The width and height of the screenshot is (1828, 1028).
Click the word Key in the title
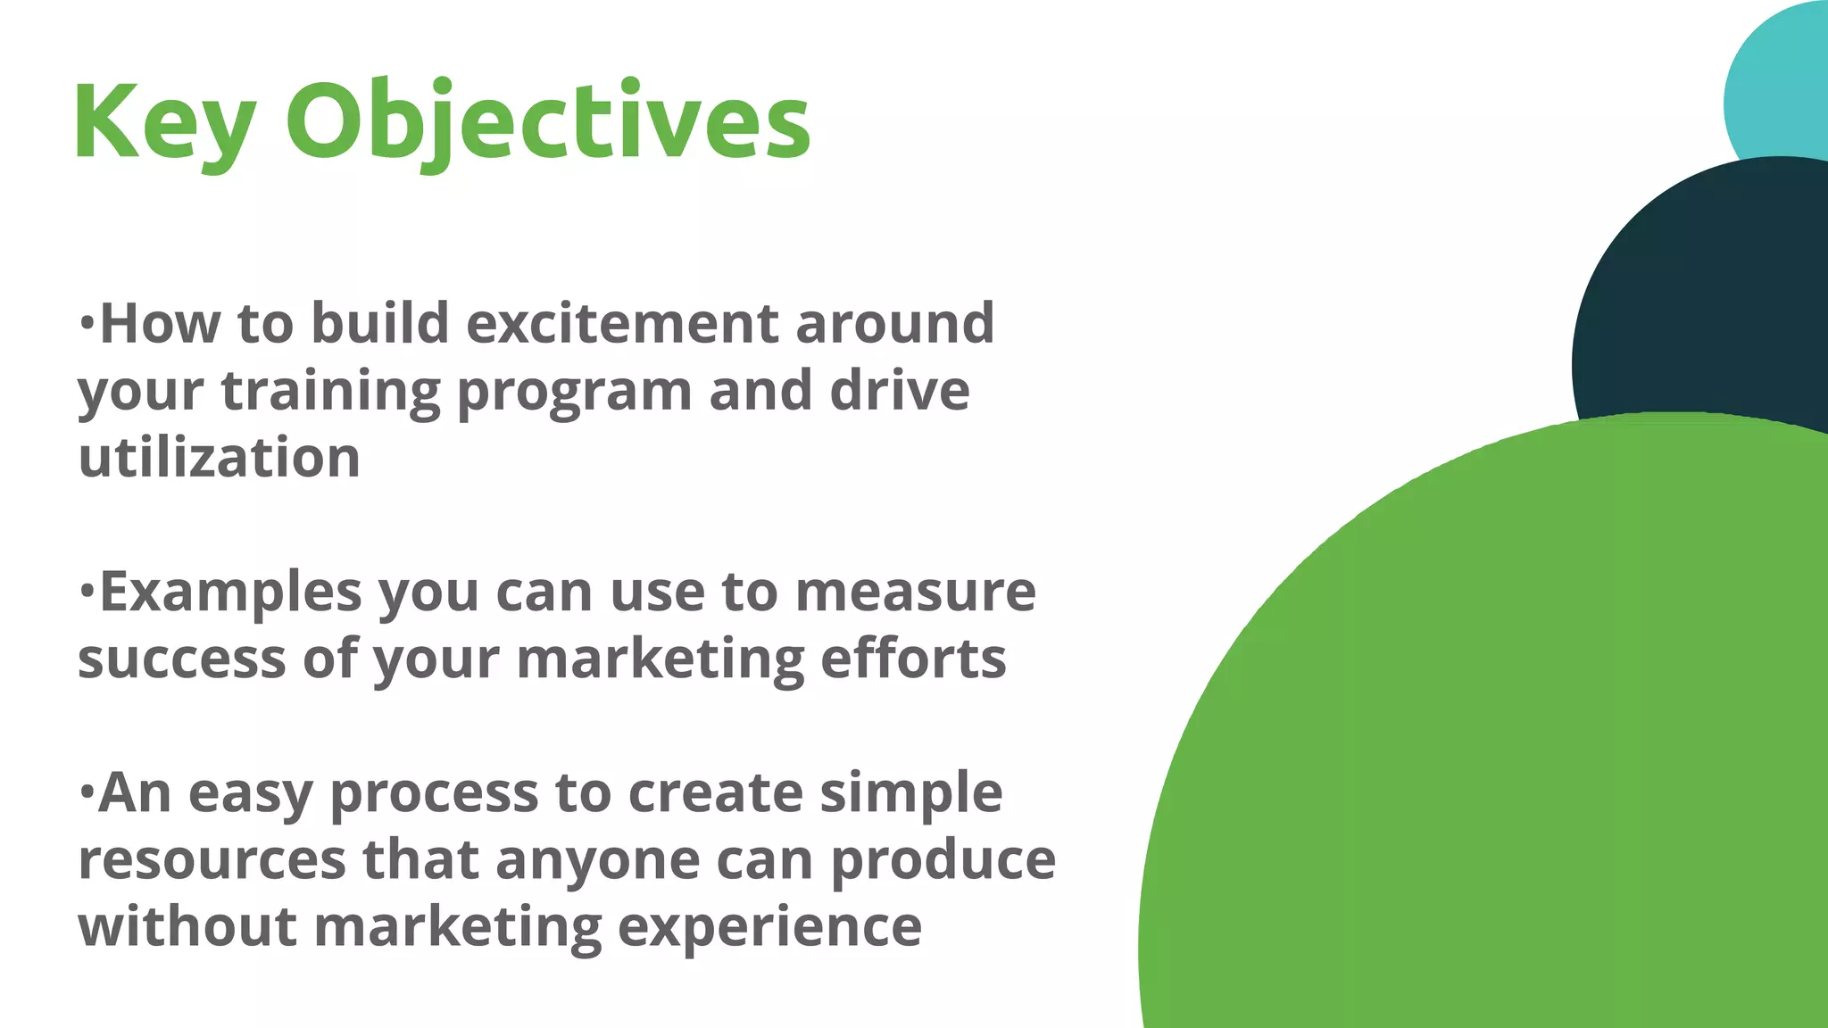tap(164, 122)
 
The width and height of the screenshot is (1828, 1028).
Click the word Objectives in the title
tap(547, 122)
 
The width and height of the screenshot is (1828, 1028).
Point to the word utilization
tap(220, 458)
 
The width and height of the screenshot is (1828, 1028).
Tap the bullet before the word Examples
tap(87, 590)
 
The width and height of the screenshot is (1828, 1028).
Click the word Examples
tap(230, 593)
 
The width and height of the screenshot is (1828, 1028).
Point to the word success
tap(182, 659)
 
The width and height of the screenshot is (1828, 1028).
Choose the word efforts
tap(912, 659)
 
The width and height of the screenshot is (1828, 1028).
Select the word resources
tap(212, 860)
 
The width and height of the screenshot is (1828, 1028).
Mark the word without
tap(187, 926)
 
